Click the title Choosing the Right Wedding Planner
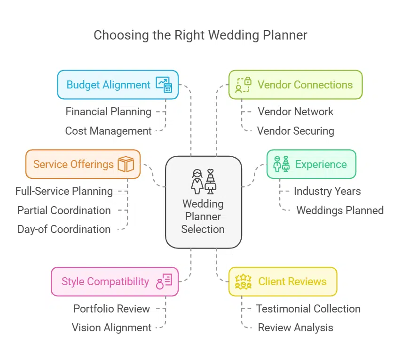tap(200, 35)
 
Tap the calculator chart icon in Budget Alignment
tap(165, 85)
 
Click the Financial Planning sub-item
tap(108, 112)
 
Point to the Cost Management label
tap(108, 131)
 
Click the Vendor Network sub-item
tap(295, 112)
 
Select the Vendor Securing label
tap(295, 131)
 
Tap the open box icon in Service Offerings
tap(126, 164)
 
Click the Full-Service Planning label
tap(64, 192)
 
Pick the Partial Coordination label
tap(64, 210)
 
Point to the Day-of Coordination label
tap(64, 229)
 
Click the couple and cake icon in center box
tap(203, 182)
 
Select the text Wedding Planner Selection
tap(203, 217)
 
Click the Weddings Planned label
tap(339, 210)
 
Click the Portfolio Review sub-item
tap(111, 309)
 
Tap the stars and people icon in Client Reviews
tap(244, 281)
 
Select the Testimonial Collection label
tap(308, 309)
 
